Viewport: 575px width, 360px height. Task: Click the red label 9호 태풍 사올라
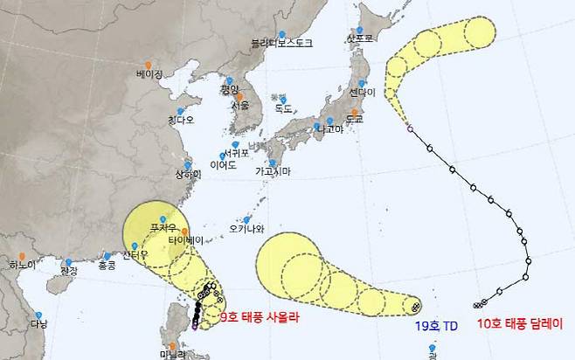(260, 318)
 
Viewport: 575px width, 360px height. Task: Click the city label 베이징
(149, 74)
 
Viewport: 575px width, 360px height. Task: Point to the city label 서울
(240, 105)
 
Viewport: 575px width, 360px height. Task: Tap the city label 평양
(229, 89)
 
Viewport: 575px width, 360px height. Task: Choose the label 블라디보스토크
(281, 42)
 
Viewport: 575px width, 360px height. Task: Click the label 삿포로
(360, 38)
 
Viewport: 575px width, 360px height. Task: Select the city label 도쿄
(355, 117)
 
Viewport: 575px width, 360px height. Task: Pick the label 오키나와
(246, 230)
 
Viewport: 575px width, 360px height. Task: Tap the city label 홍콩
(107, 265)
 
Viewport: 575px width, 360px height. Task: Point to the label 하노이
(22, 264)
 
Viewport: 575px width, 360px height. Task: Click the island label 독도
(283, 109)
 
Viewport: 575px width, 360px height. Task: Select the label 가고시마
(273, 172)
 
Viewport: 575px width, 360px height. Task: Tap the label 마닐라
(173, 355)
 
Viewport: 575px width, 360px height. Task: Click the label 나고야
(330, 130)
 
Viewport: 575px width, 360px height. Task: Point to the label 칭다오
(181, 120)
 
